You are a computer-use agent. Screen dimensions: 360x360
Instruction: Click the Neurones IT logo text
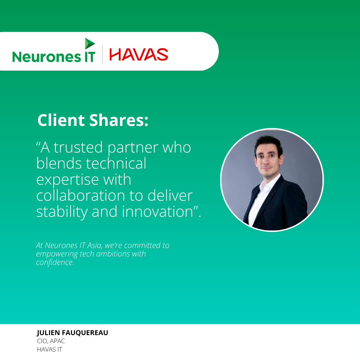pyautogui.click(x=54, y=57)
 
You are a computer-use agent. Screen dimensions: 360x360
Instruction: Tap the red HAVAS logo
pyautogui.click(x=139, y=55)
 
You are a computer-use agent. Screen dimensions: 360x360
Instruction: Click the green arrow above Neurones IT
pyautogui.click(x=89, y=43)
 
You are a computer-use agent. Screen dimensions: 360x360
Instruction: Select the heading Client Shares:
pyautogui.click(x=93, y=120)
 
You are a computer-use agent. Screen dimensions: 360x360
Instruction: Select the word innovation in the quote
pyautogui.click(x=157, y=211)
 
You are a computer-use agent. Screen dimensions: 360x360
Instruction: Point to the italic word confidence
pyautogui.click(x=55, y=262)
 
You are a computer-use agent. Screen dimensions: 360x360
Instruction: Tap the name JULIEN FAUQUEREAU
pyautogui.click(x=73, y=333)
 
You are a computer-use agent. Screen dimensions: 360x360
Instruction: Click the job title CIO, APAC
pyautogui.click(x=51, y=341)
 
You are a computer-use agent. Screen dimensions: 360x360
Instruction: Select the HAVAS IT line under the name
pyautogui.click(x=50, y=349)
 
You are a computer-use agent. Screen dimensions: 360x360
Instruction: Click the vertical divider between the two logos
pyautogui.click(x=102, y=55)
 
